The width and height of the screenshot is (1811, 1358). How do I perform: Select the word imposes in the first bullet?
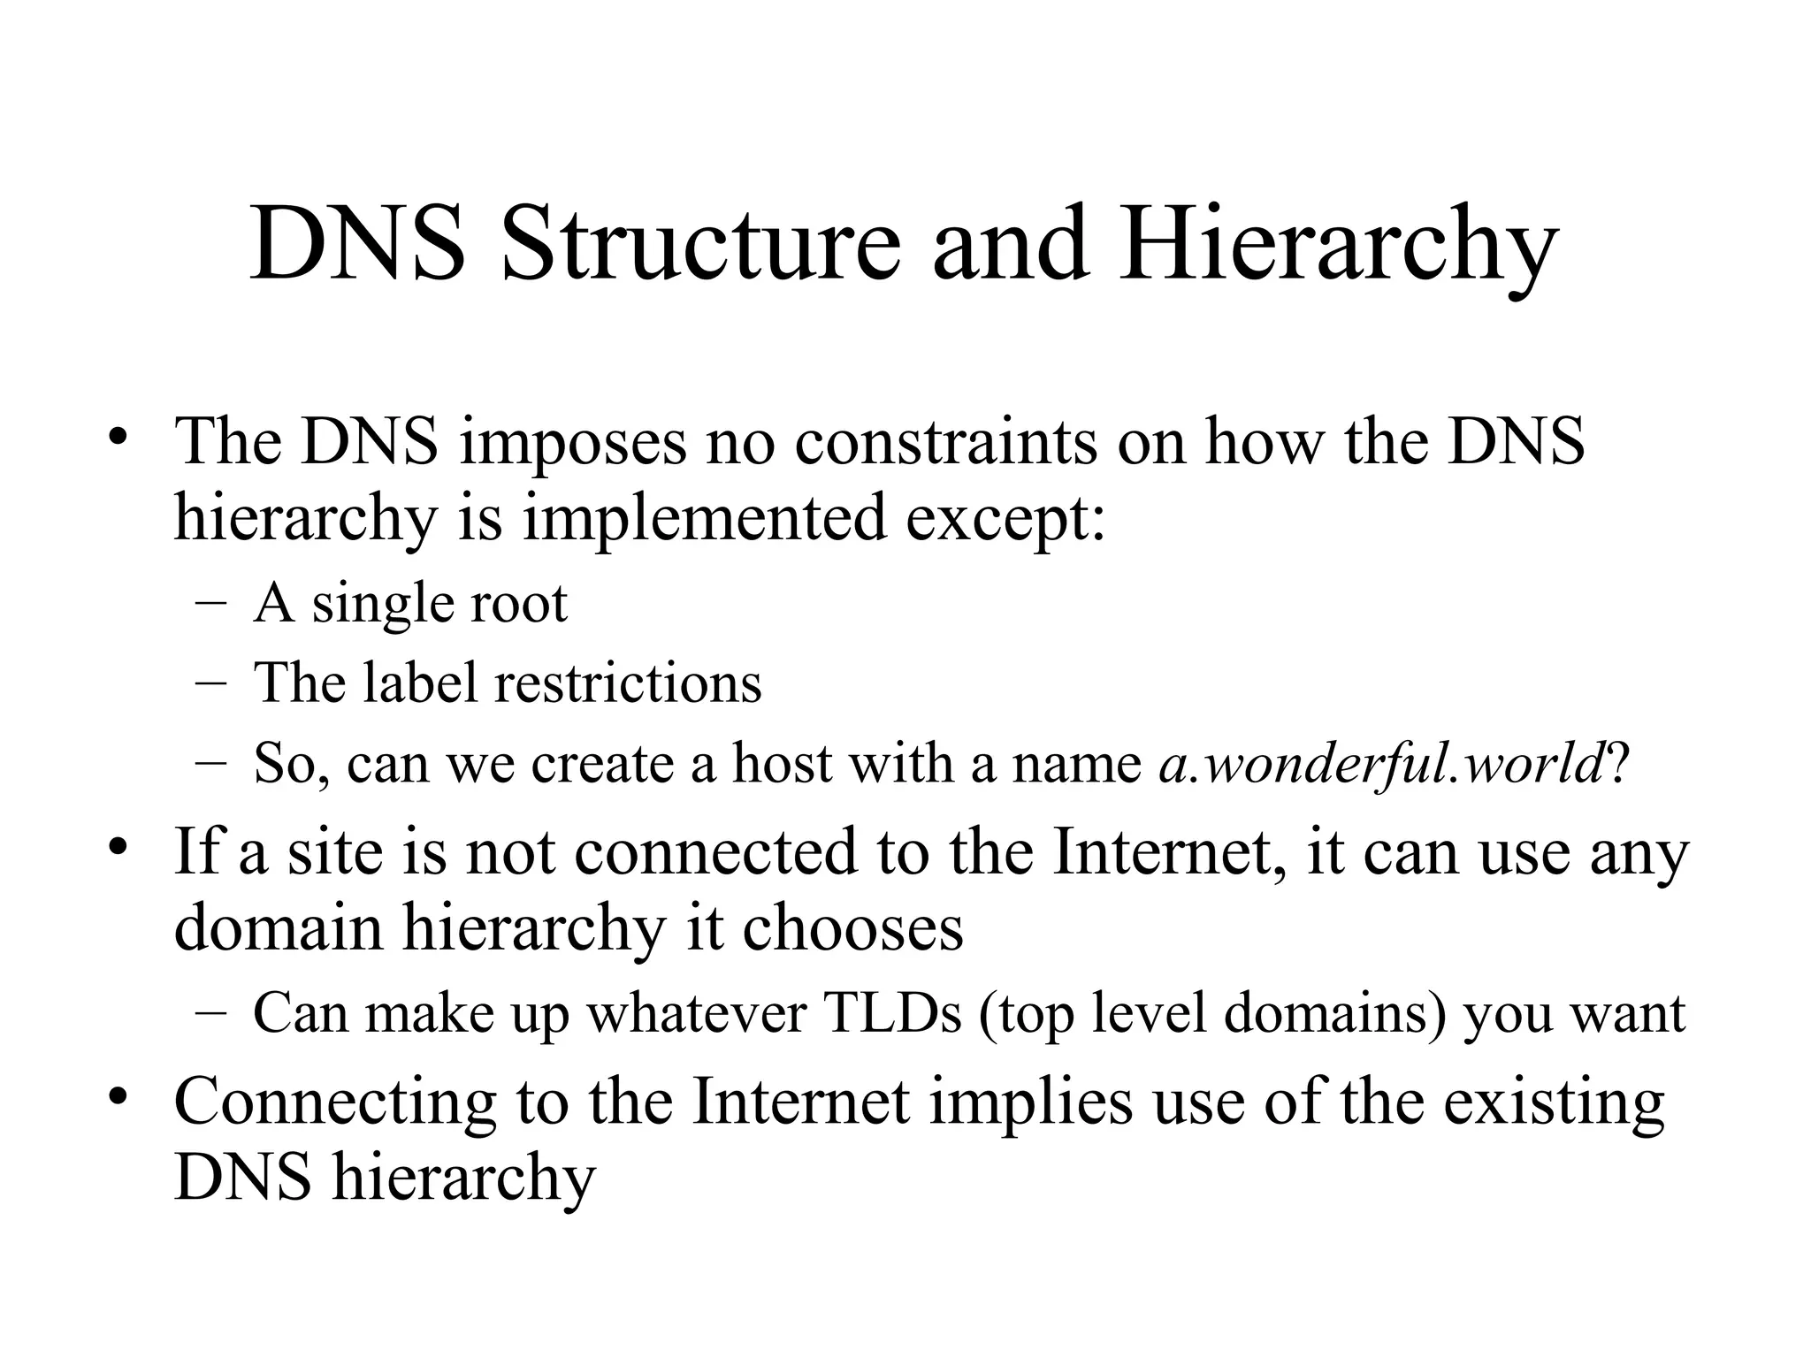(x=573, y=442)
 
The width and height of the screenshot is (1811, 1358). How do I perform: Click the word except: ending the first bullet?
(x=1005, y=520)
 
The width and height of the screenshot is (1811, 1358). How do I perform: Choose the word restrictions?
(x=628, y=683)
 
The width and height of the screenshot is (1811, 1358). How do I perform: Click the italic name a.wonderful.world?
(x=1380, y=762)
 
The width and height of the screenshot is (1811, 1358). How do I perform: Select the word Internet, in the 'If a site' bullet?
(x=1169, y=852)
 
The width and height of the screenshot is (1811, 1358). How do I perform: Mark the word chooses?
(x=852, y=928)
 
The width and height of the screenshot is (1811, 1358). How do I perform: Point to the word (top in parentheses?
(x=1027, y=1014)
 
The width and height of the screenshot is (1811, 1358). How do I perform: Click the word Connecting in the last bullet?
(x=335, y=1102)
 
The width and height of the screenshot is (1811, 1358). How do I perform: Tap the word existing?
(x=1554, y=1102)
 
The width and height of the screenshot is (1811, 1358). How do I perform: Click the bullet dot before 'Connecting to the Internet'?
(x=115, y=1098)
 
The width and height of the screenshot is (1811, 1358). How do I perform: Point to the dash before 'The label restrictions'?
(x=209, y=683)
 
